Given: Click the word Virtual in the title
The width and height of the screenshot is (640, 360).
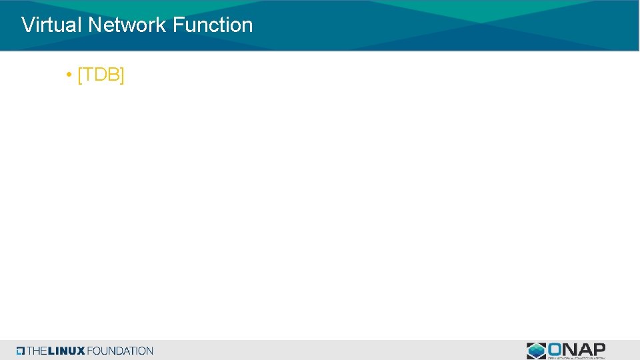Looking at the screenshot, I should coord(52,25).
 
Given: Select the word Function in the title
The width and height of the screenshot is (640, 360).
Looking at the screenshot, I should coord(213,25).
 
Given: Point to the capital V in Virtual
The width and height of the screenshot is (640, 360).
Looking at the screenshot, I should coord(28,25).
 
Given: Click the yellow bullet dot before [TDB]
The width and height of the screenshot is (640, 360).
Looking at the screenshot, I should coord(69,75).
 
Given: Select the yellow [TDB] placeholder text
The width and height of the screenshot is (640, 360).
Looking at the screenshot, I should coord(101,75).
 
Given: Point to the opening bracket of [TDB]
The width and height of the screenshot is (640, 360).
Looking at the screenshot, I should coord(80,75).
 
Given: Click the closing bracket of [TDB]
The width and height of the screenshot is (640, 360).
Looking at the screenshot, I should coord(122,75).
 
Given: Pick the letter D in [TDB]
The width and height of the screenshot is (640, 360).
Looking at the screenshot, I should coord(101,75).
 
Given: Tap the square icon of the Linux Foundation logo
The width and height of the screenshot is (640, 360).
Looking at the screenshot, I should coord(21,351).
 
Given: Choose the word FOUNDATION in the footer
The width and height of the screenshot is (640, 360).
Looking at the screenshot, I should coord(120,351).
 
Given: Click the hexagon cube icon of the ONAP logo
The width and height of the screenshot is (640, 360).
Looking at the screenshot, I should coord(536,351).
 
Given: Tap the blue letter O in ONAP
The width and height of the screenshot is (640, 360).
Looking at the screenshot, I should coord(556,349).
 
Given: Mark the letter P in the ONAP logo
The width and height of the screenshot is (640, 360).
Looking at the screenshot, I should coord(598,349).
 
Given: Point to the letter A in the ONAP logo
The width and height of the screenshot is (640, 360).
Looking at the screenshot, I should coord(585,349).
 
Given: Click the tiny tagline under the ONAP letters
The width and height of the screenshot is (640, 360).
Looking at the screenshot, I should coord(576,357).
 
